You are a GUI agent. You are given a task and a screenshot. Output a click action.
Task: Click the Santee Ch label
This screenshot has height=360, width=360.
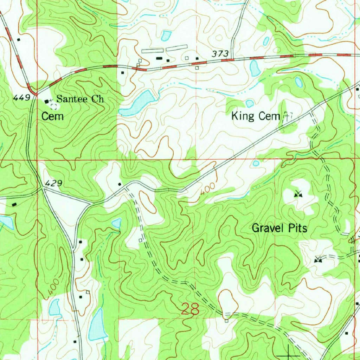tap(80, 99)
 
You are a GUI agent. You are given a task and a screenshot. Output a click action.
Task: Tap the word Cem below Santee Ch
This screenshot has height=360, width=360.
tap(53, 116)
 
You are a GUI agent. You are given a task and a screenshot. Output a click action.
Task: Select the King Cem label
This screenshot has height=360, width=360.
tap(255, 116)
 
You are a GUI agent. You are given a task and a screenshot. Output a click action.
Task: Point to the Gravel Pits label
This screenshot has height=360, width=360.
tap(279, 229)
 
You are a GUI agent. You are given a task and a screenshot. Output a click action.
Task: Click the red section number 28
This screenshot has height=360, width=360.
tap(190, 309)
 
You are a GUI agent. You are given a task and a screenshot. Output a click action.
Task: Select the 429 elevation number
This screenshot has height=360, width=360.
tap(53, 183)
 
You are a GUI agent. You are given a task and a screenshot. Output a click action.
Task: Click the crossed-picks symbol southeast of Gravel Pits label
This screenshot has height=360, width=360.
tap(318, 259)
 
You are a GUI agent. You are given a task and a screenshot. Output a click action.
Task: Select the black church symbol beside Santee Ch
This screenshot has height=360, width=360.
tap(47, 101)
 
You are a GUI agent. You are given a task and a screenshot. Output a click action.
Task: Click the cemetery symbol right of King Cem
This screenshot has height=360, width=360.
tap(288, 116)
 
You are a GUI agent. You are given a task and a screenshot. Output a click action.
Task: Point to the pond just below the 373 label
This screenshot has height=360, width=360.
tap(255, 68)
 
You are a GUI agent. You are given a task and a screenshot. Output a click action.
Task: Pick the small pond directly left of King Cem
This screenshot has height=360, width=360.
tap(250, 103)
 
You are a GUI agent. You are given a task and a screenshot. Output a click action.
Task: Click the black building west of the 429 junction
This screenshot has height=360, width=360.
tap(14, 204)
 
